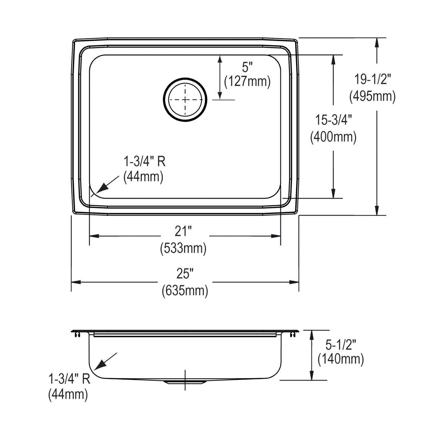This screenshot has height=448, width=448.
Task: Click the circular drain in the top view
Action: (185, 100)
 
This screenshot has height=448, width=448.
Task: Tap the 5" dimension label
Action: (247, 68)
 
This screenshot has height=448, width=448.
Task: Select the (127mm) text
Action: (247, 81)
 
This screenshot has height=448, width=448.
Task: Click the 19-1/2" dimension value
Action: (372, 80)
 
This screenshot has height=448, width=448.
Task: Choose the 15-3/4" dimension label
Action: (333, 121)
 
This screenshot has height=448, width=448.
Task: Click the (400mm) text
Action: (333, 137)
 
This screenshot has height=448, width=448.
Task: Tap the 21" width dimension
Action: (183, 232)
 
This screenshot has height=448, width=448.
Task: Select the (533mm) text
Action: (183, 248)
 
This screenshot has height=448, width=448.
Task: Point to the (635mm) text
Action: (185, 290)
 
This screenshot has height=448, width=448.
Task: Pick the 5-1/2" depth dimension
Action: (340, 343)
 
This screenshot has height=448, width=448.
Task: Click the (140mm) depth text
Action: (340, 359)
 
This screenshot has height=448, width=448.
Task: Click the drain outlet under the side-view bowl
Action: (185, 382)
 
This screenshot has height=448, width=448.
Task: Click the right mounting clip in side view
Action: (292, 335)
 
